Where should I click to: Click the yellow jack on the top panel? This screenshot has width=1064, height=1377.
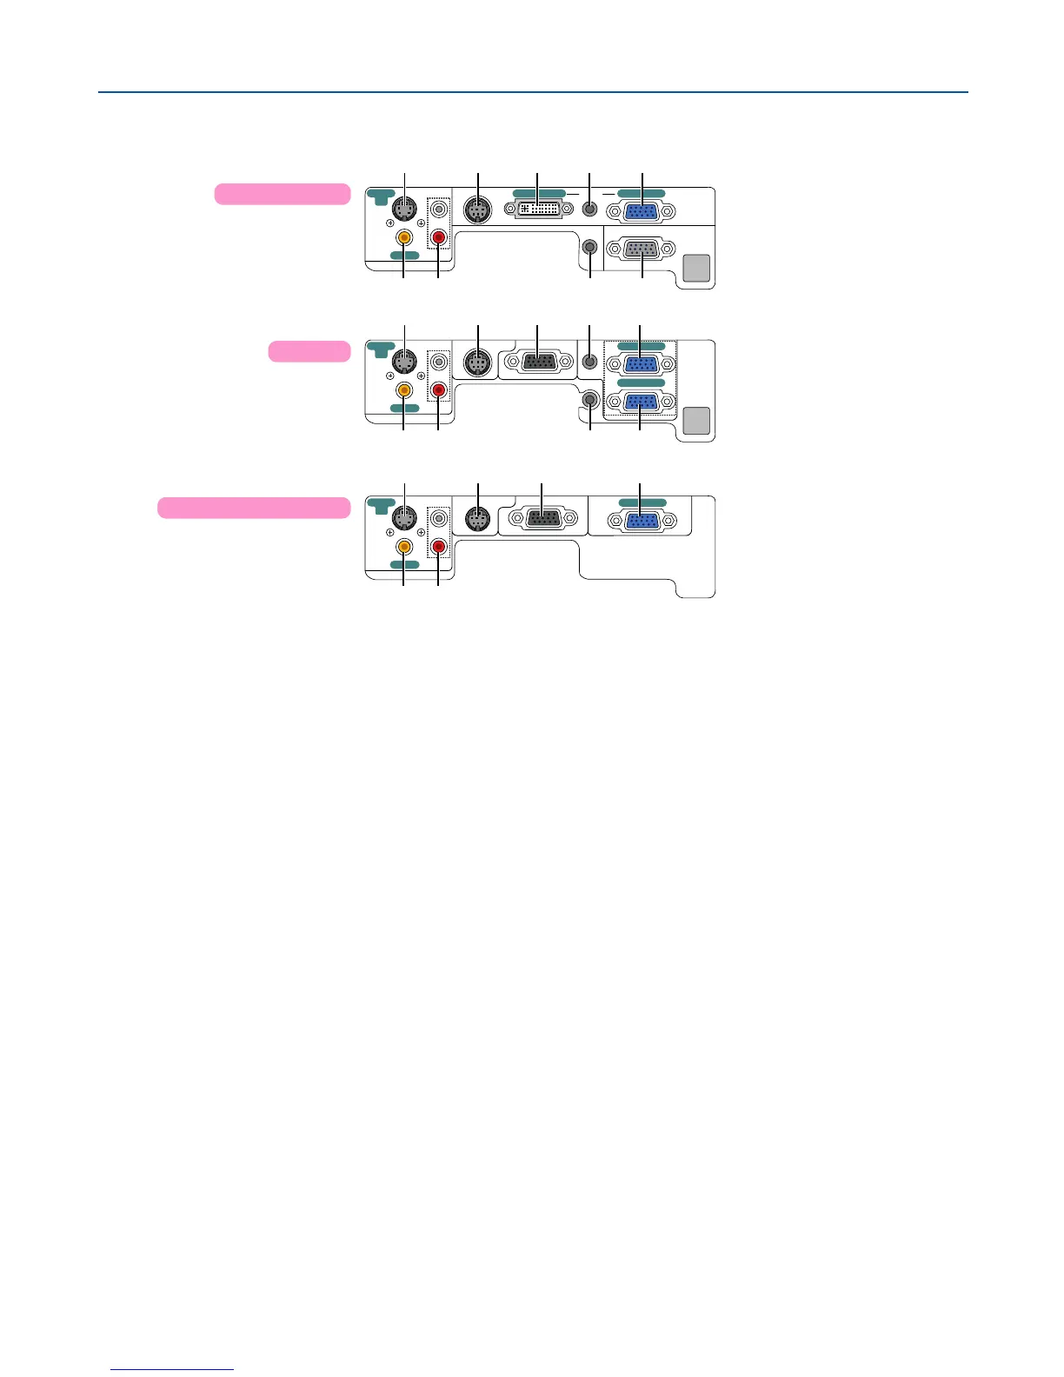[404, 236]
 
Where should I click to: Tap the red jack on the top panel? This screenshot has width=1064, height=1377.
[439, 236]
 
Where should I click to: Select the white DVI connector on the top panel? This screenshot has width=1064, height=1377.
[538, 210]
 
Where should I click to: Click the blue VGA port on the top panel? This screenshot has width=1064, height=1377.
[642, 211]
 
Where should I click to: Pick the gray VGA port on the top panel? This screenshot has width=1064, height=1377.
[642, 249]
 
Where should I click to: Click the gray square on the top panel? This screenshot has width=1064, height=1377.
[697, 269]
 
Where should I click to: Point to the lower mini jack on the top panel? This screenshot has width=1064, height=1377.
[590, 247]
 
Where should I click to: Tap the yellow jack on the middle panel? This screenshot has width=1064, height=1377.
[404, 390]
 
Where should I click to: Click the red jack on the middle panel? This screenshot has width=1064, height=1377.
[439, 390]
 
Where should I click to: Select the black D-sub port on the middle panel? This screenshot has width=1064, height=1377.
[538, 362]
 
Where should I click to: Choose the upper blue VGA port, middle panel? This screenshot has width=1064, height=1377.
[642, 363]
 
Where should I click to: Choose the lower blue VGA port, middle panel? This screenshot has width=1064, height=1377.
[642, 402]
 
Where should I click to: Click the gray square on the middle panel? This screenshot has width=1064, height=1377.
[697, 421]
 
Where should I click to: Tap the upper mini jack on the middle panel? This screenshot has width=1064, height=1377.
[590, 360]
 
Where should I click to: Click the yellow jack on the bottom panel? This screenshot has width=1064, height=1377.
[404, 547]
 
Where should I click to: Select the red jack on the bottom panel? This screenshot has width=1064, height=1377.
[439, 547]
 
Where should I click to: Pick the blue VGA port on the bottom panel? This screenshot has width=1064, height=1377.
[642, 521]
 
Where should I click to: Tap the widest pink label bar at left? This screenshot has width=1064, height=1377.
[254, 508]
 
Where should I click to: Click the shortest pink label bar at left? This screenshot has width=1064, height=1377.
[309, 351]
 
